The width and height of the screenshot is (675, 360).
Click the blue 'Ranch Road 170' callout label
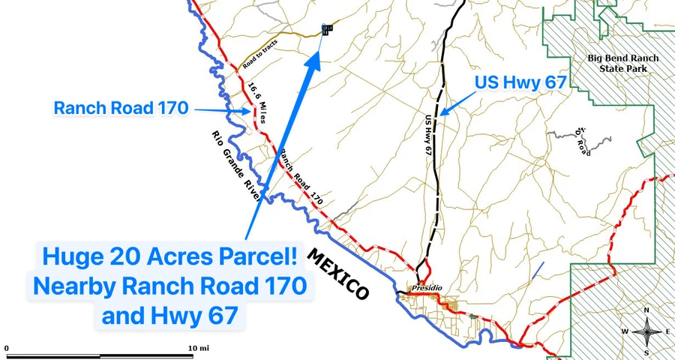pos(121,108)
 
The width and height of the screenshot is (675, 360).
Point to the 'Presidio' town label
pos(424,287)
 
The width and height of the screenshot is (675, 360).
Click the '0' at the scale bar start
pos(7,348)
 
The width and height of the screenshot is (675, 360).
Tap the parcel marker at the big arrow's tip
pos(326,29)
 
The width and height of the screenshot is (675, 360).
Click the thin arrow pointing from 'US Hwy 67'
pos(457,102)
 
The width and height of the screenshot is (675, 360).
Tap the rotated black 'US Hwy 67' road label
pos(429,135)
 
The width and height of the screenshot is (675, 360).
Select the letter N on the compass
pos(646,310)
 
